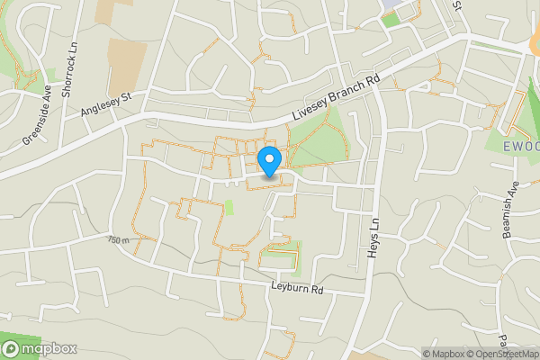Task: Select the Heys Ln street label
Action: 372,238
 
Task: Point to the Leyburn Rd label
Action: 296,290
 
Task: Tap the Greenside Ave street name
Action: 36,115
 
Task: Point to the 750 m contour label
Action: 118,240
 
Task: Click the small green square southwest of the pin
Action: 229,207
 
